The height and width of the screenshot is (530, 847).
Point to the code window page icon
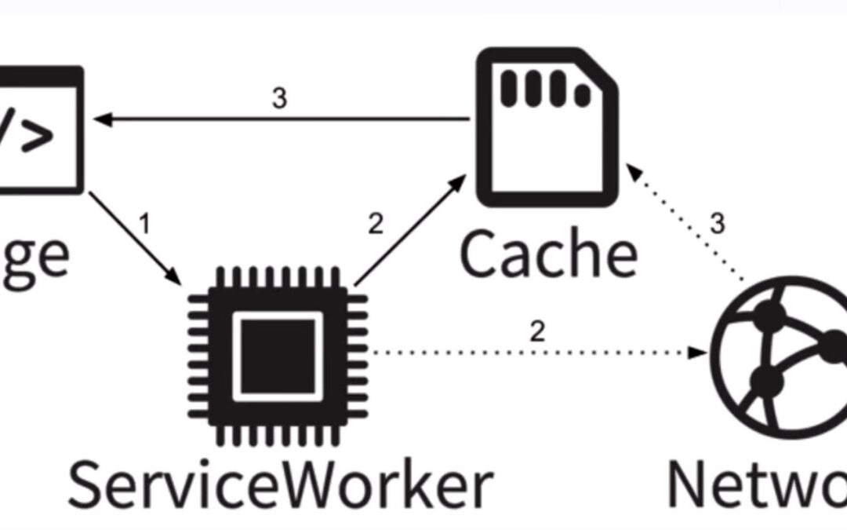39,130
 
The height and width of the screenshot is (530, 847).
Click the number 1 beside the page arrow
144,226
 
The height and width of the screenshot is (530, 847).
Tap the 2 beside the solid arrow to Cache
376,224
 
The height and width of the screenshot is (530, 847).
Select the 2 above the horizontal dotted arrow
537,331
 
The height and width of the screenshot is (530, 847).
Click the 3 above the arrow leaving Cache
279,100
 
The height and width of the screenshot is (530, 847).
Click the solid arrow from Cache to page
282,119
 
